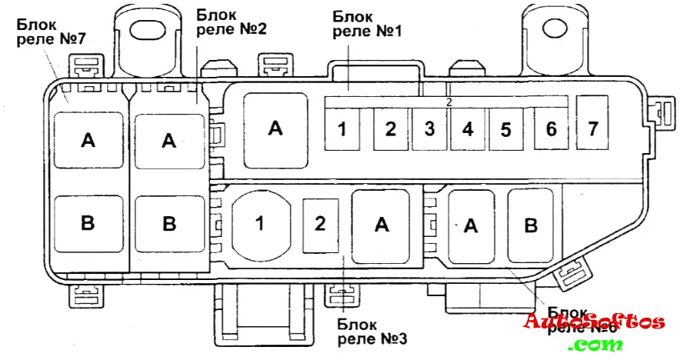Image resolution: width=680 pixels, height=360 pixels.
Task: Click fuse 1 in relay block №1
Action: coord(341,129)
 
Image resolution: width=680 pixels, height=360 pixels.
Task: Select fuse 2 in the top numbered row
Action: coord(390,129)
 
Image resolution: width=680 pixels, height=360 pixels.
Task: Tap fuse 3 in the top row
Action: coord(429,129)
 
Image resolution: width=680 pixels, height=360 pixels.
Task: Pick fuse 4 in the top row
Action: coord(467,129)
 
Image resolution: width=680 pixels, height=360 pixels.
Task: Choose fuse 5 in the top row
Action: coord(505,129)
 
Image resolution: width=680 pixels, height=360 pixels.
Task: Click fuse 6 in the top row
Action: coord(550,128)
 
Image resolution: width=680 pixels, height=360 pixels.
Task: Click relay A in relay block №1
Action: coord(275,128)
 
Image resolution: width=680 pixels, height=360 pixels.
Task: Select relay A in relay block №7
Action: coord(88,140)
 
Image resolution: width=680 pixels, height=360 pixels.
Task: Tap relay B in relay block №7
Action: coord(88,223)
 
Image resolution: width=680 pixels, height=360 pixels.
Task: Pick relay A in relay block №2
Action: coord(169,140)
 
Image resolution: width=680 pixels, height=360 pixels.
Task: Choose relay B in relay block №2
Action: coord(169,224)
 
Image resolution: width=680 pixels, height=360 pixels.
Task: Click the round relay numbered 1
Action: coord(261,224)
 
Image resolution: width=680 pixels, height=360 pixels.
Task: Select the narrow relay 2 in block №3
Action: coord(320,224)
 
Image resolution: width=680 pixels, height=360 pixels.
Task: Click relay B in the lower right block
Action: coord(530,225)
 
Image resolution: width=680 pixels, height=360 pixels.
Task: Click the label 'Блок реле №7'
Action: coord(50,30)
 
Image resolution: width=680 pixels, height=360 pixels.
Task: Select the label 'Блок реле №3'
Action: coord(372,330)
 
